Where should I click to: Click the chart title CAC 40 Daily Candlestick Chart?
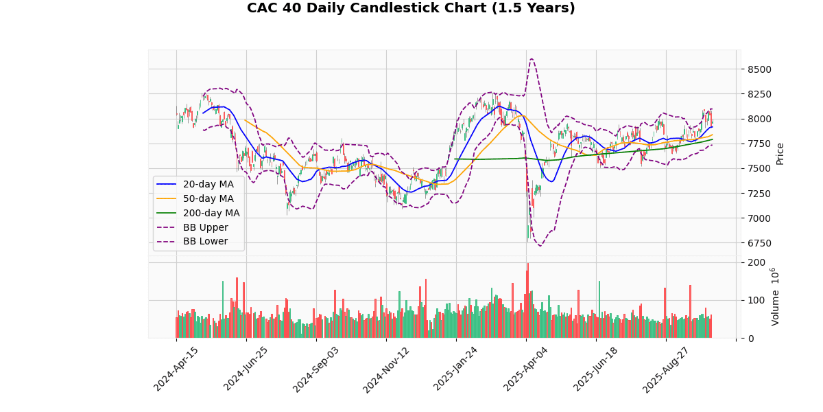tap(411, 8)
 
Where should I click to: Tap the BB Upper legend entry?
tap(204, 227)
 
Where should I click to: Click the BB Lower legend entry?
tap(204, 242)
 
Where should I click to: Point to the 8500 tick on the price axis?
tap(759, 69)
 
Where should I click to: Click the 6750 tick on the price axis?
tap(759, 243)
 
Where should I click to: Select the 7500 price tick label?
tap(759, 169)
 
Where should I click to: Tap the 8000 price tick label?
tap(759, 119)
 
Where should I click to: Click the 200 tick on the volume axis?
tap(756, 262)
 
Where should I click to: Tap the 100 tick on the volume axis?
tap(756, 300)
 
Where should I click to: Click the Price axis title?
tap(780, 153)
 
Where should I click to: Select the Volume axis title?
tap(775, 297)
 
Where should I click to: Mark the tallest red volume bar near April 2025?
tap(527, 264)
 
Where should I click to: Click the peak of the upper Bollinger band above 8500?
tap(532, 58)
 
